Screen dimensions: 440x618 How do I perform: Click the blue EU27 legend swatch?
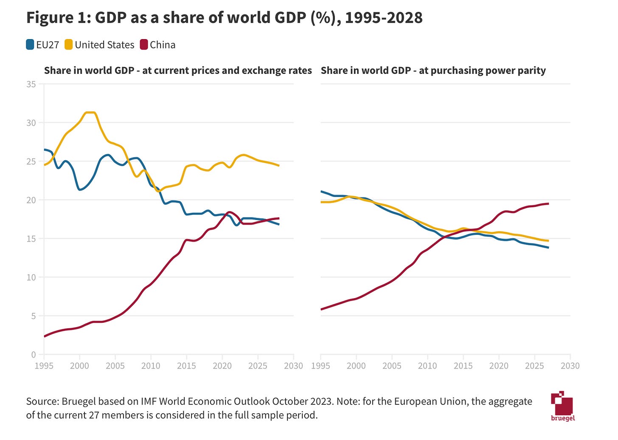(x=30, y=45)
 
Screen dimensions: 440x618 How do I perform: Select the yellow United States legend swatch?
(x=69, y=45)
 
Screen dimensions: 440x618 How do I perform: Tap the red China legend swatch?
(x=144, y=45)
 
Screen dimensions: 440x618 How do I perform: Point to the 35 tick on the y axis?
(x=31, y=84)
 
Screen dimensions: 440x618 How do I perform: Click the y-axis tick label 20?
(x=31, y=200)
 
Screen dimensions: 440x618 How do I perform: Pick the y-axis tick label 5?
(x=34, y=316)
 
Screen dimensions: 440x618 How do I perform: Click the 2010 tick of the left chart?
(x=151, y=366)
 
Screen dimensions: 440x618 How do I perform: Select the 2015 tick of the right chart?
(x=463, y=366)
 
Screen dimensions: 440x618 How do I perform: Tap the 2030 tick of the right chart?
(x=570, y=366)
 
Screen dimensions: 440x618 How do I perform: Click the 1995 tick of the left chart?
(x=44, y=366)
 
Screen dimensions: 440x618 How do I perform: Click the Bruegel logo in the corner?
(x=562, y=406)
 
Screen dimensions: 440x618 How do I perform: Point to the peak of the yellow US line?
(x=90, y=113)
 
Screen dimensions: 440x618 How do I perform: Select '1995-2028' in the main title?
(x=384, y=18)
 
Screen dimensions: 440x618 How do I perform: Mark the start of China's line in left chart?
(x=45, y=336)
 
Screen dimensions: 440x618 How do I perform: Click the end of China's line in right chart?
(x=548, y=204)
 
